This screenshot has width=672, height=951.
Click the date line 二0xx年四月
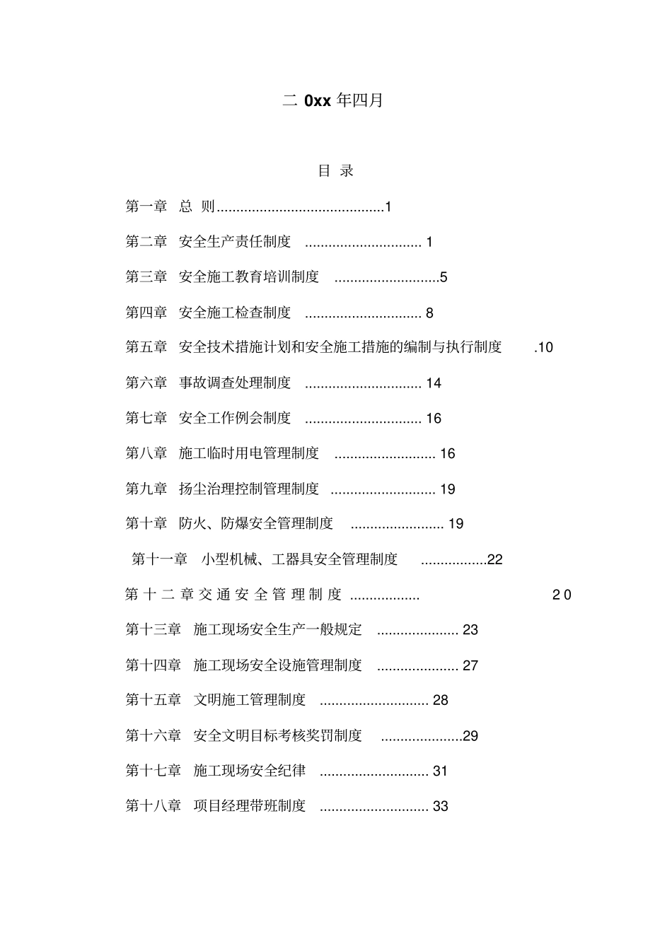(x=332, y=100)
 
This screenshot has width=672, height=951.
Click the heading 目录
(x=335, y=170)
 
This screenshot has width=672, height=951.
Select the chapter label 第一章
(x=146, y=206)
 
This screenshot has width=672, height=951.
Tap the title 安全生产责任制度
(x=235, y=242)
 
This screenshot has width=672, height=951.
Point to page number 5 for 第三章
(x=444, y=277)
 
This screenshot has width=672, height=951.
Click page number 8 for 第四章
(x=429, y=313)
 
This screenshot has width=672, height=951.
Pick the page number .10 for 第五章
(x=543, y=347)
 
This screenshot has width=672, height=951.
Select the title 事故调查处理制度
(x=235, y=383)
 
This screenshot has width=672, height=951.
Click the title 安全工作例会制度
(x=235, y=418)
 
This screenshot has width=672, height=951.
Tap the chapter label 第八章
(x=146, y=453)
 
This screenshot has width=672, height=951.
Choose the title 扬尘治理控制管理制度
(x=249, y=489)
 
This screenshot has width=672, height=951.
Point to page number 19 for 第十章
(x=456, y=524)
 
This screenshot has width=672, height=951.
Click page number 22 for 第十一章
(x=494, y=559)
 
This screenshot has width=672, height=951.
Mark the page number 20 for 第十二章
(x=562, y=595)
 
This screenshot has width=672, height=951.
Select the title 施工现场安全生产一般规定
(x=277, y=629)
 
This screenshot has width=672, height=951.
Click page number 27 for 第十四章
(x=470, y=665)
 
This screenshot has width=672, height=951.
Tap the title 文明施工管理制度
(x=250, y=700)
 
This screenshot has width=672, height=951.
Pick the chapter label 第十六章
(x=153, y=735)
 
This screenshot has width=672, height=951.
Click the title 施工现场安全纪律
(x=250, y=771)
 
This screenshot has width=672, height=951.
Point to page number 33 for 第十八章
(x=440, y=806)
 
